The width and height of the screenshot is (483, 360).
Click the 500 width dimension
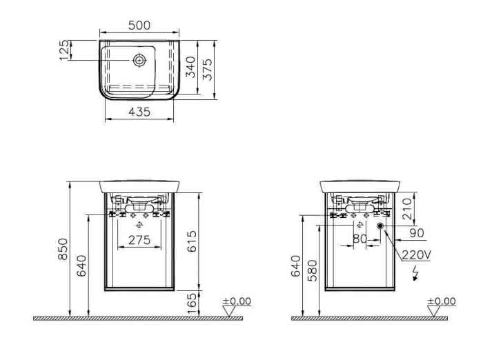point(139,26)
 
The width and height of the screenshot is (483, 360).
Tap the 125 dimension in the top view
point(64,50)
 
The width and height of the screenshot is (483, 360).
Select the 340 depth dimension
point(190,67)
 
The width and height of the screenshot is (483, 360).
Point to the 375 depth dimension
point(208,69)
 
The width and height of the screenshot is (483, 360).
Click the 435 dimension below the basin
point(139,112)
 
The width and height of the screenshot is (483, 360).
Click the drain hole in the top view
point(139,60)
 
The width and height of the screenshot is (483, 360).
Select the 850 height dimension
point(63,249)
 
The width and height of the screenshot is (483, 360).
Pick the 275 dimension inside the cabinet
point(139,240)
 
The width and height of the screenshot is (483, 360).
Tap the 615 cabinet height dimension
point(192,241)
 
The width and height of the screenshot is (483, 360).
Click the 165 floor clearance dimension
point(192,303)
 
